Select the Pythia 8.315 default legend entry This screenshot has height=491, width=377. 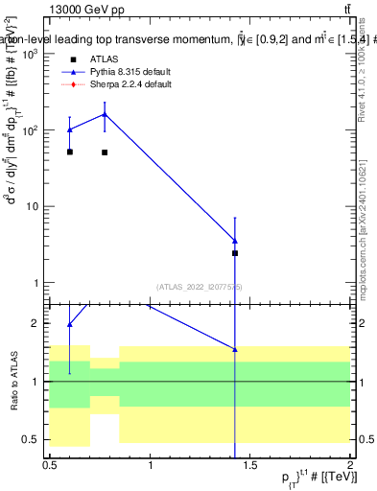[130, 72]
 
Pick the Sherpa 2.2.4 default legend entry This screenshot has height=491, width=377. [130, 84]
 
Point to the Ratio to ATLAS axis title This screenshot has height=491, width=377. [13, 382]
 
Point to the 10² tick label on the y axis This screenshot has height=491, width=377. [29, 130]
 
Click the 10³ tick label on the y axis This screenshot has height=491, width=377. [29, 55]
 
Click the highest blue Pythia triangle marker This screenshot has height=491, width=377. [105, 114]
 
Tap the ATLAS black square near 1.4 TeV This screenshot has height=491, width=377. [235, 253]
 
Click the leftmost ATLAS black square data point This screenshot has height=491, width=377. [70, 152]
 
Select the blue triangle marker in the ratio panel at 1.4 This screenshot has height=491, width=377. [235, 350]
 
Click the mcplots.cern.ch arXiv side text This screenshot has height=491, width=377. [367, 221]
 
